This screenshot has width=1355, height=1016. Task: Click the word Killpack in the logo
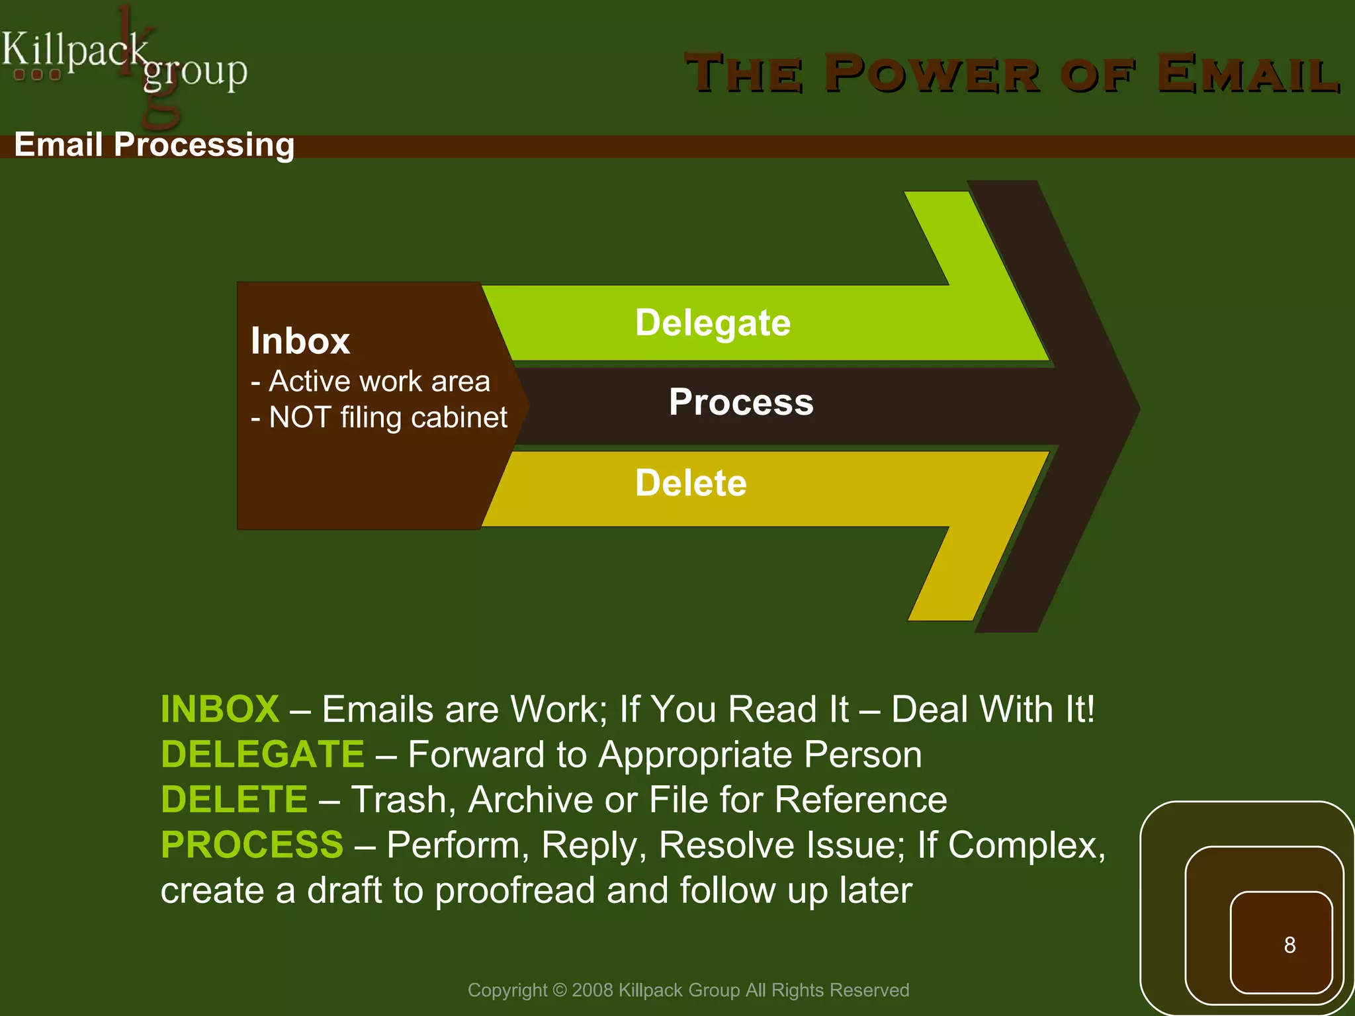(x=74, y=50)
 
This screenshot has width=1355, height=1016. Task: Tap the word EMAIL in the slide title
(x=1248, y=73)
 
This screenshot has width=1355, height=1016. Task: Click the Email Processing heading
(x=154, y=144)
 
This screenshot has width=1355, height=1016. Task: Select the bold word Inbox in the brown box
(x=300, y=341)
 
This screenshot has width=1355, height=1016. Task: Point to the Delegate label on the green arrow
(x=713, y=323)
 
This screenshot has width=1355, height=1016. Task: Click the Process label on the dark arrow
(x=740, y=402)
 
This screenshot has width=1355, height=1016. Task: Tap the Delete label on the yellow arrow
(x=691, y=483)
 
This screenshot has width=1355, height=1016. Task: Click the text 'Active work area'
(x=379, y=382)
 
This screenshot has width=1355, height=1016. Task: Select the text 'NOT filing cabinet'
(x=388, y=418)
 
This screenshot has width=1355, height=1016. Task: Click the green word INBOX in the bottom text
(x=220, y=709)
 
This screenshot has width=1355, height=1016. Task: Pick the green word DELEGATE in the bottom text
(x=262, y=754)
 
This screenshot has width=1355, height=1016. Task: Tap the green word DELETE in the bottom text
(x=234, y=799)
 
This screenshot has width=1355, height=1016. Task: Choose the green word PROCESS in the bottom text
(x=251, y=845)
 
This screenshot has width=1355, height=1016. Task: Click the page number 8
(x=1289, y=945)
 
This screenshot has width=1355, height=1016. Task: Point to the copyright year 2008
(x=592, y=990)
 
